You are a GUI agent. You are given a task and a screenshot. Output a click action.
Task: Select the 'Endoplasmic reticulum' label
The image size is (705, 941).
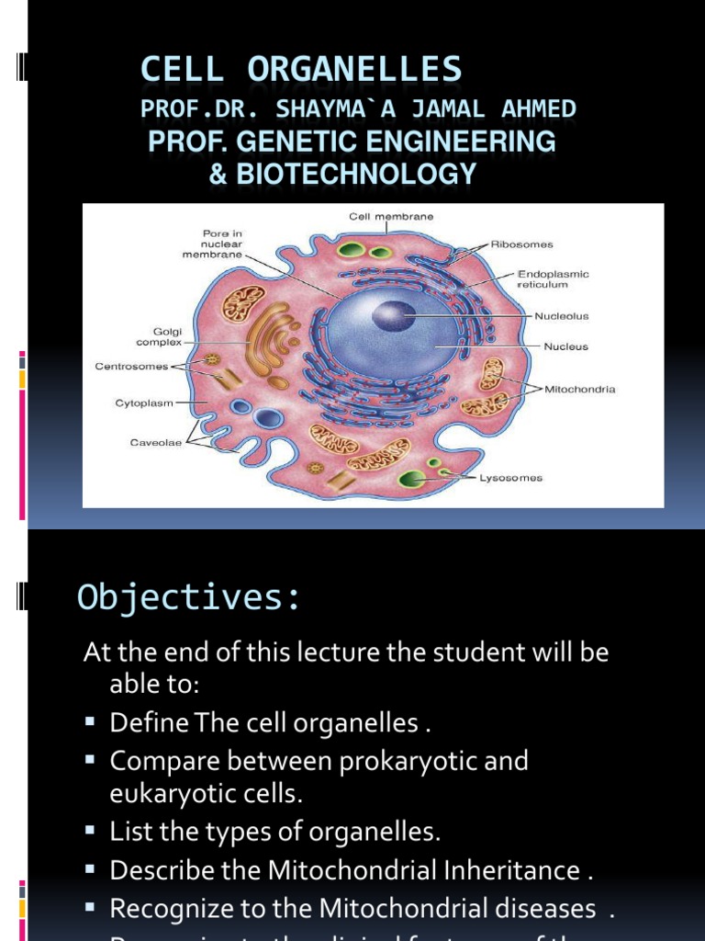point(553,279)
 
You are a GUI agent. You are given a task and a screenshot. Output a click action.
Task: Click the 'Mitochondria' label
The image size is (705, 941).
point(580,389)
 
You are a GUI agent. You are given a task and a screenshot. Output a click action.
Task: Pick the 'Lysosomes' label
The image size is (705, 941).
point(511,478)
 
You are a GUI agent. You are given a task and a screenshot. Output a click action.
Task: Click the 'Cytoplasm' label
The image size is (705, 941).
point(144,402)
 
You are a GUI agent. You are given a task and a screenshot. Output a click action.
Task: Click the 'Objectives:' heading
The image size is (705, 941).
point(189,597)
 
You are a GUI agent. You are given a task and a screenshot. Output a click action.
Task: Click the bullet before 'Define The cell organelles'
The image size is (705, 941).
point(90,721)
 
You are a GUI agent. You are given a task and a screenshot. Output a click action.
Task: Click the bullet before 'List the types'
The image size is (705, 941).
point(90,832)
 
